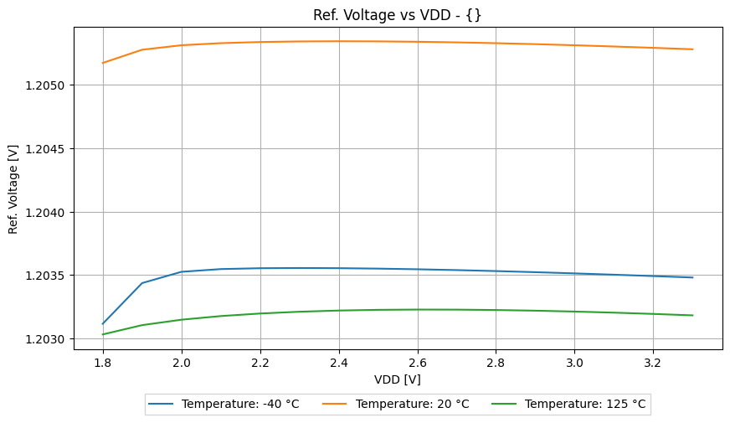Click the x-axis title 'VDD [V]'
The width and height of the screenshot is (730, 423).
pos(397,379)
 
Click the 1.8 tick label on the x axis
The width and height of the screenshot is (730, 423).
pos(103,363)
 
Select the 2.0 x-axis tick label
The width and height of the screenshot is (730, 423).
pos(182,363)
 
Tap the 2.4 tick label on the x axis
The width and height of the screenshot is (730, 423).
pos(338,363)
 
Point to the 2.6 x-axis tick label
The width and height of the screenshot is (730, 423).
pos(417,363)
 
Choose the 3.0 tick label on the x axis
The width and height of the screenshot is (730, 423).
pos(574,363)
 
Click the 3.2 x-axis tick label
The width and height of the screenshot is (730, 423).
pos(653,363)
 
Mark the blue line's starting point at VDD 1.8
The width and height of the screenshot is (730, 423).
pos(103,323)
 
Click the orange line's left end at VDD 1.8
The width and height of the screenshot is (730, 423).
pos(103,63)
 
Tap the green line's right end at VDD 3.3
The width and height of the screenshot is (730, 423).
pos(692,315)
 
